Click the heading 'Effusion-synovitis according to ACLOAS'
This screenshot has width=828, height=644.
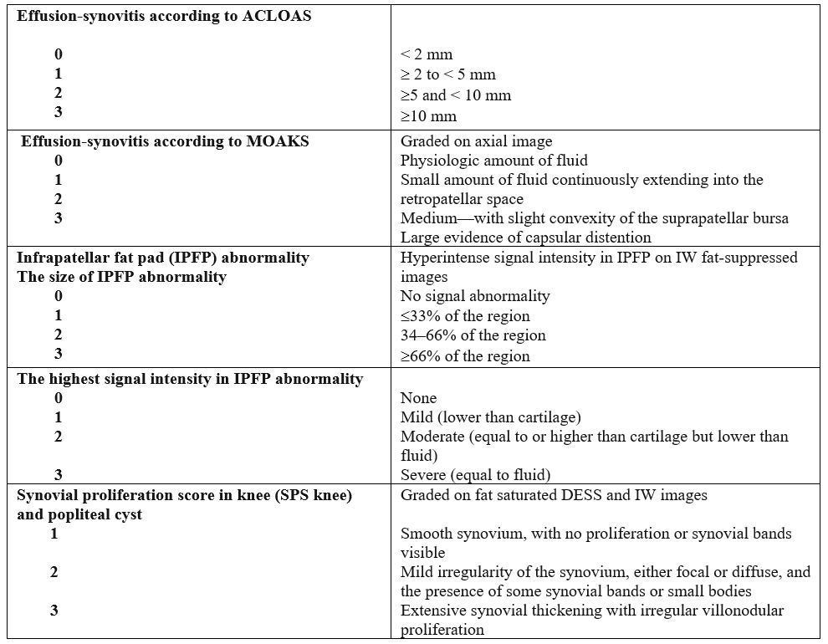(x=164, y=17)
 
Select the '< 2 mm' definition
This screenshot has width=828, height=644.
(x=426, y=54)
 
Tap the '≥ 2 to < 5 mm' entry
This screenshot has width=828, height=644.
(x=447, y=74)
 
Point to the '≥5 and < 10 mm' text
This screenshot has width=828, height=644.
(x=455, y=95)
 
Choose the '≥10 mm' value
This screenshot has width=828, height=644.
(x=428, y=115)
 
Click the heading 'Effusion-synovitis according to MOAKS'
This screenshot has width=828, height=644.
(x=166, y=141)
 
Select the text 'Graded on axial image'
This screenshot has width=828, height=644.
(x=476, y=141)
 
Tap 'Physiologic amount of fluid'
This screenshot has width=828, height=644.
(x=493, y=161)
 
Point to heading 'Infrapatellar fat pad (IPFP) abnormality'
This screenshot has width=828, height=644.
(x=163, y=258)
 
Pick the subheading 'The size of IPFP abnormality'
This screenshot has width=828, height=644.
(x=121, y=277)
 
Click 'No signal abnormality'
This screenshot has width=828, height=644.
(x=475, y=295)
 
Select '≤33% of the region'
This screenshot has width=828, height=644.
(x=464, y=316)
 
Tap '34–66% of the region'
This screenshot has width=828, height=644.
(x=473, y=335)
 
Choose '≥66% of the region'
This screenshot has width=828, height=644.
(x=464, y=356)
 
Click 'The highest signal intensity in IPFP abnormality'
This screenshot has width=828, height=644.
(x=190, y=379)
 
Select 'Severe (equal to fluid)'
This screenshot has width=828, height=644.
(x=475, y=475)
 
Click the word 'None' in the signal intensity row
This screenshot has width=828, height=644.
(x=418, y=398)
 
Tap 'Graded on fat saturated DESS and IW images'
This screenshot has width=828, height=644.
(x=554, y=495)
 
